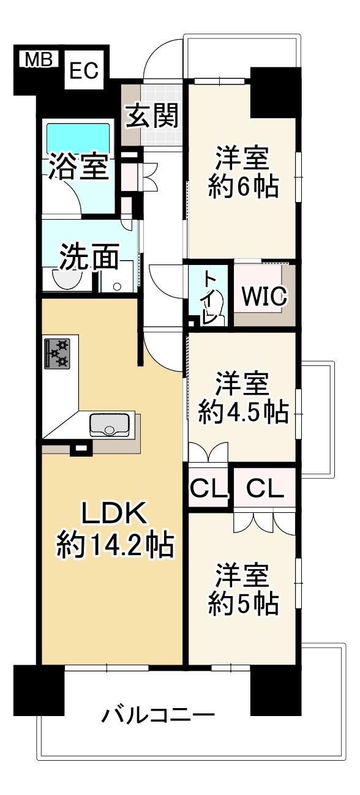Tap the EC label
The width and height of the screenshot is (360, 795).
(84, 70)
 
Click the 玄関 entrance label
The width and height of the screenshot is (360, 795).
(152, 116)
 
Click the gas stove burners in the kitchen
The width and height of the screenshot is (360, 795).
(57, 353)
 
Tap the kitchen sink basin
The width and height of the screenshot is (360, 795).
(110, 425)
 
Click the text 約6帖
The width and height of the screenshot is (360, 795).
(243, 187)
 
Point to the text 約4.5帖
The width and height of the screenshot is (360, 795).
(243, 412)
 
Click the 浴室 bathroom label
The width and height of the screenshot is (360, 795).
(78, 167)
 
